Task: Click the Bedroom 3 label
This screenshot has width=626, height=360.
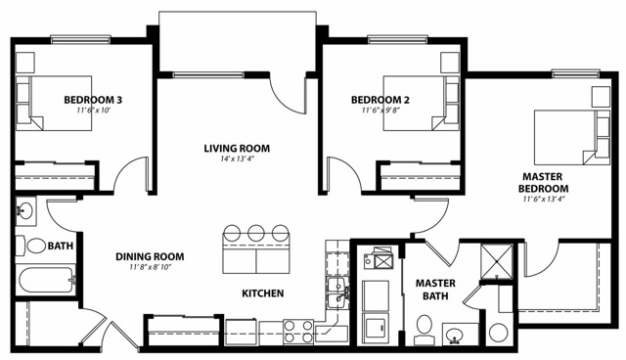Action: pos(93,100)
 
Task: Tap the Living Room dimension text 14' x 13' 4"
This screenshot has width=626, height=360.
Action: pos(237,158)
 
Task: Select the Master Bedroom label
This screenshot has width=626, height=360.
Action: pos(543,182)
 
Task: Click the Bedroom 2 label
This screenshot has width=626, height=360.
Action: pos(380,100)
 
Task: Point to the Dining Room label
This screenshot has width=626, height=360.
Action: pos(150,256)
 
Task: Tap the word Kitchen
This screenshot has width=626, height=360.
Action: pos(263,293)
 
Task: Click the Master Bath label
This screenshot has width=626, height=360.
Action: pos(435,290)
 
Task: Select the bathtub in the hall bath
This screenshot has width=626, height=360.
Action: pos(47,280)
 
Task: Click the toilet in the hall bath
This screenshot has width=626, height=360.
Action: pos(31,246)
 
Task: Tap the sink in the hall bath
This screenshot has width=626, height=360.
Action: pos(26,211)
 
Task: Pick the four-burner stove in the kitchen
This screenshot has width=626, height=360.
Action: pos(297,332)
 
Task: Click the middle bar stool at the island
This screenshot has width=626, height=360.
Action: pos(256,232)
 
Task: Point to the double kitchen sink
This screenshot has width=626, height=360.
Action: pos(337,293)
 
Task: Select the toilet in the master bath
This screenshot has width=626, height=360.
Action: pos(424,330)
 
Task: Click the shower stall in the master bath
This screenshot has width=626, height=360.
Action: pos(497,261)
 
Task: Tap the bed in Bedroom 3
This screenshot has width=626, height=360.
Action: pos(54,103)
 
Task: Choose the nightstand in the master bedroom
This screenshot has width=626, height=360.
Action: pos(601,97)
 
